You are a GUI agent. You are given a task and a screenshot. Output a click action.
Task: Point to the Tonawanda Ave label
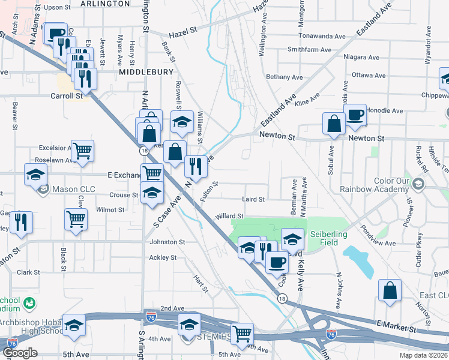click(325, 36)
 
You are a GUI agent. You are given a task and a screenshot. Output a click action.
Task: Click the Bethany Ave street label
click(285, 77)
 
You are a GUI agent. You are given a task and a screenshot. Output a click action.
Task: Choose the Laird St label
click(253, 199)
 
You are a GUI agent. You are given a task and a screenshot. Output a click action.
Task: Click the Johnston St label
click(167, 242)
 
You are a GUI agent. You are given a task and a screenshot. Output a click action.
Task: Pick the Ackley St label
click(163, 257)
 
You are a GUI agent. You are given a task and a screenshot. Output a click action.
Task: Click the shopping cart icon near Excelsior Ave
click(82, 151)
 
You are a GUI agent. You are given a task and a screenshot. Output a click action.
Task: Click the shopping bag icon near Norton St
click(390, 290)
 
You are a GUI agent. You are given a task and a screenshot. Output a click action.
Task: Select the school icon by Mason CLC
click(36, 175)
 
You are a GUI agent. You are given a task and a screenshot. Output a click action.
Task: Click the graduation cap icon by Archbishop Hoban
click(74, 325)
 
